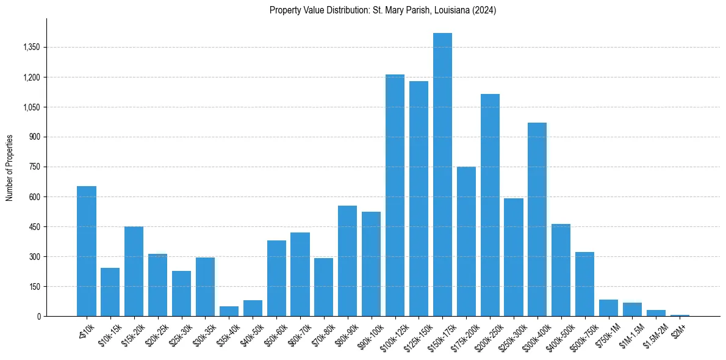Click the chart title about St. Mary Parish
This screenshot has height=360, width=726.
383,10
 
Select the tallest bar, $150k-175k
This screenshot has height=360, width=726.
442,175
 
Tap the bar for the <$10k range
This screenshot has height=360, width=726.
87,251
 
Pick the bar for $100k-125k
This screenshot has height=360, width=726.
395,195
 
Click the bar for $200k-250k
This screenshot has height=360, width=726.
490,205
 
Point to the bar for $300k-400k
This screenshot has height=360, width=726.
537,220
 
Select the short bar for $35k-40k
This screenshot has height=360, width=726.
229,311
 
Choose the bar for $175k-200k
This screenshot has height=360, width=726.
466,241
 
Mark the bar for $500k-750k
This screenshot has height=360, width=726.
584,284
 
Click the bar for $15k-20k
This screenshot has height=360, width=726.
134,271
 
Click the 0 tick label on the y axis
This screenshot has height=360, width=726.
38,316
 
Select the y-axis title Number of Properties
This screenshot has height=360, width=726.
10,167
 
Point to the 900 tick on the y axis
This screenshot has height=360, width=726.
34,137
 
